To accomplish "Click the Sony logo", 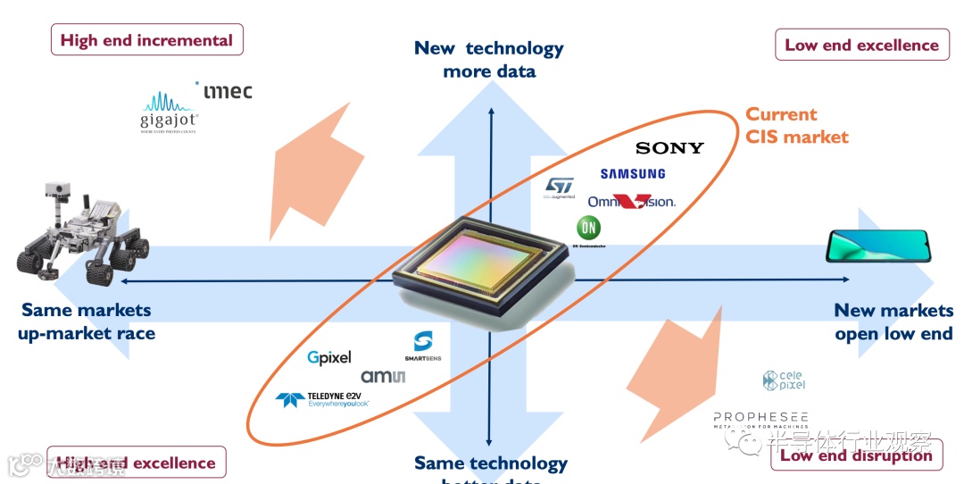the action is pos(669,147).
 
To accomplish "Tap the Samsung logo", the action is pos(632,174).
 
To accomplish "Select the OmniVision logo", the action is pos(631,201).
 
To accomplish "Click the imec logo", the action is pos(227,91).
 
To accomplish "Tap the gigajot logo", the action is pos(169,113).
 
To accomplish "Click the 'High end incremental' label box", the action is pos(146,40).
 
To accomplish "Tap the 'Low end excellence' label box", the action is pos(861,46).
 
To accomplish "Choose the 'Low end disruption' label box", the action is pos(855,455).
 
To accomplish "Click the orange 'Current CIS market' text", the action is pos(796,126).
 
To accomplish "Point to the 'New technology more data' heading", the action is pos(489,59).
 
